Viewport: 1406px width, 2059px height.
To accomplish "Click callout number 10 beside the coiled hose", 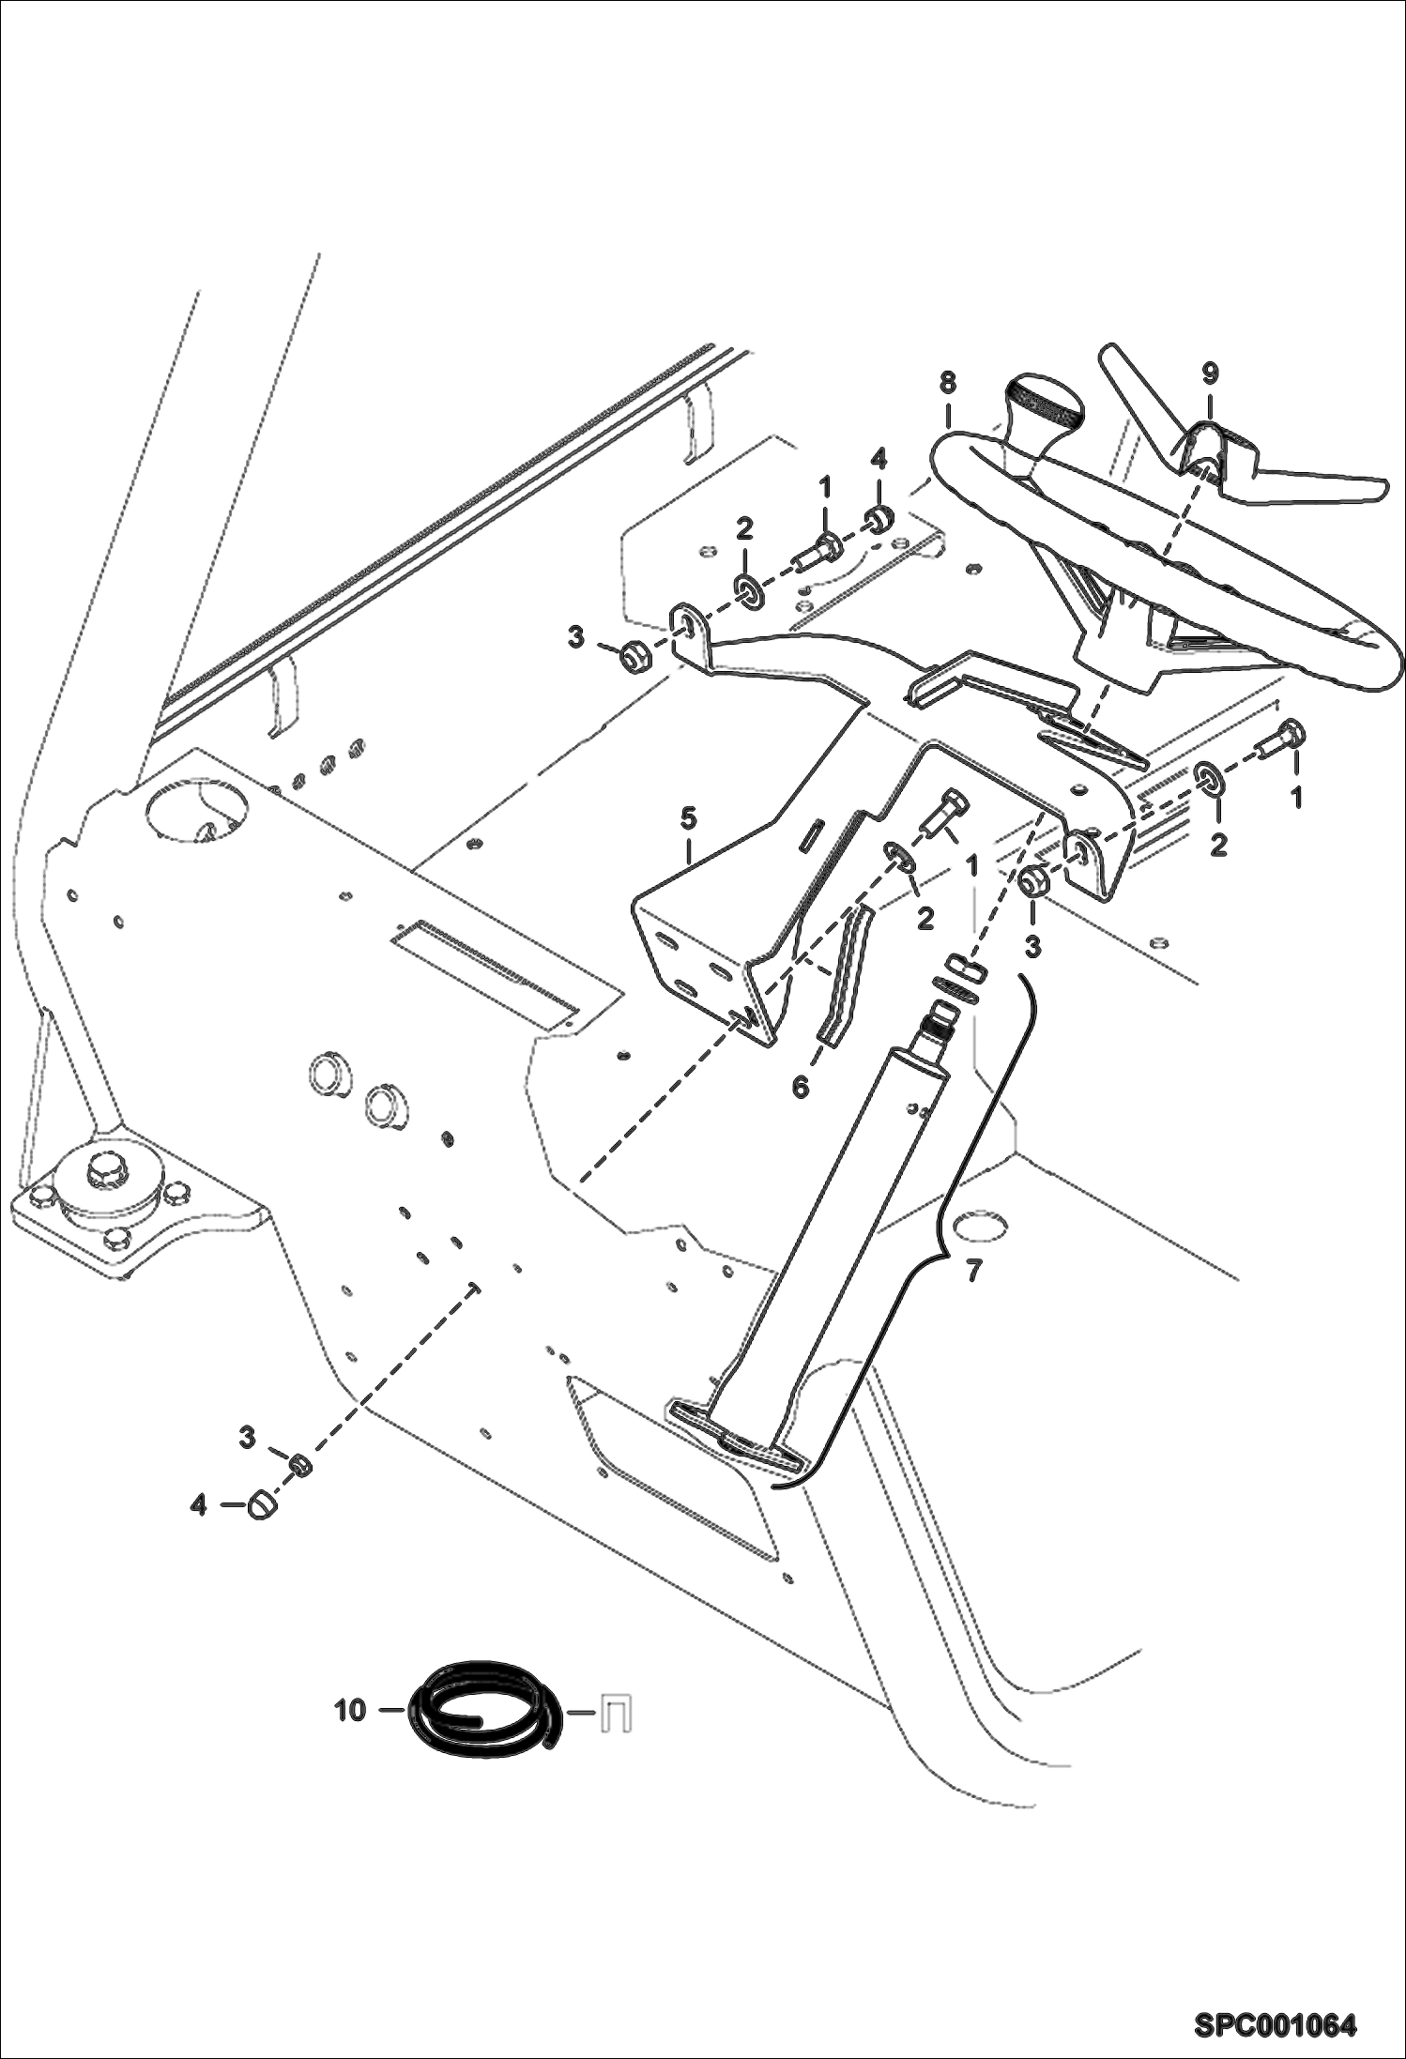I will point(349,1711).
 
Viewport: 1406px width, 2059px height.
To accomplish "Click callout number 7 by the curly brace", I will point(973,1271).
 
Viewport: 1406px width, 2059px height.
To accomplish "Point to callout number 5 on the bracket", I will point(688,817).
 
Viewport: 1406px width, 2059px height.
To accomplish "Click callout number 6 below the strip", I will point(800,1088).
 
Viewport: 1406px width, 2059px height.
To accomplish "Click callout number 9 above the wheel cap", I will point(1210,374).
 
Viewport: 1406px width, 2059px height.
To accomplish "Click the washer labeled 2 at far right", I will point(1209,778).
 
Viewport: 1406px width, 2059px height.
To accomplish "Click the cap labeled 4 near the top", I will point(879,517).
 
